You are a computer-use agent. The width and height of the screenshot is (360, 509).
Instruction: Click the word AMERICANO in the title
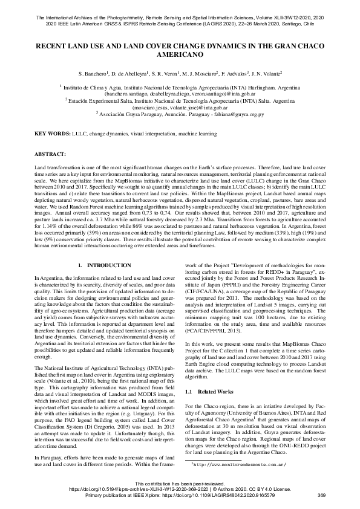tap(180, 54)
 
